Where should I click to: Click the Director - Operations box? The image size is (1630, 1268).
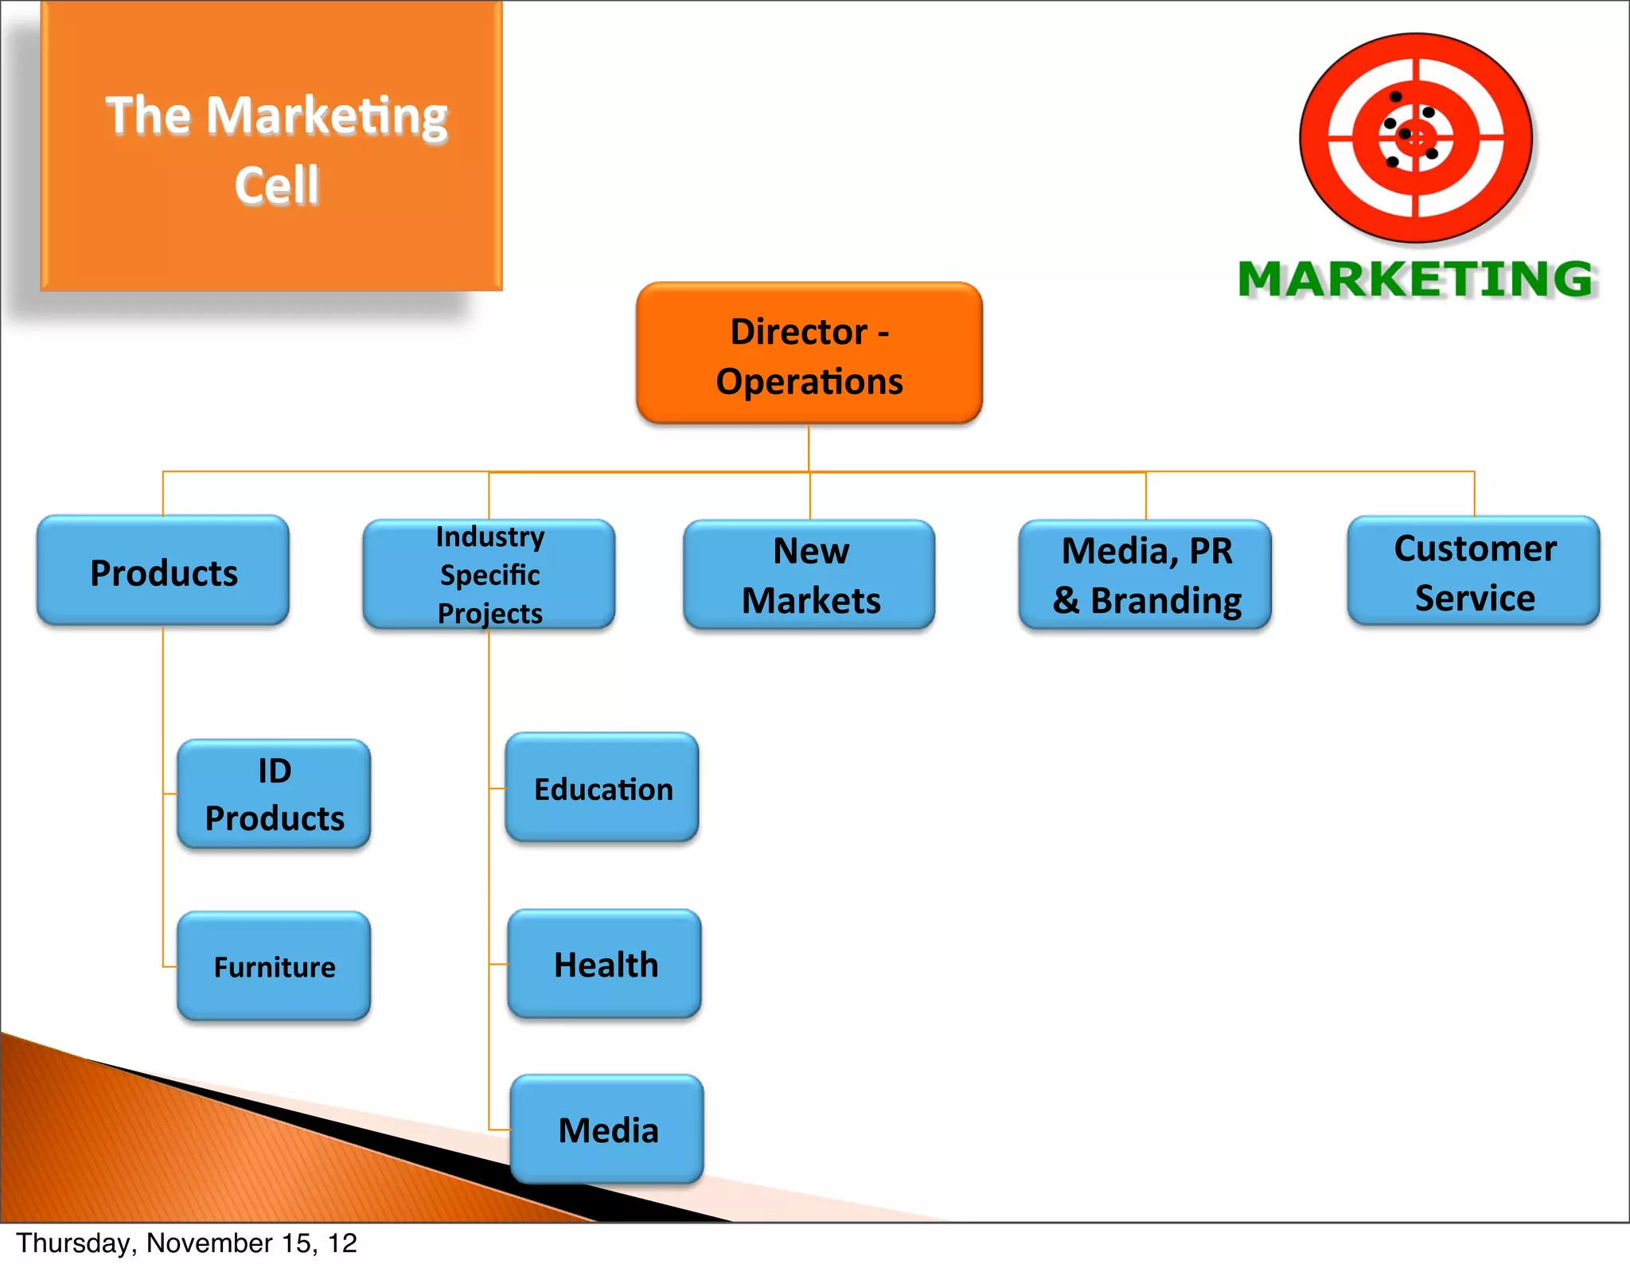[809, 353]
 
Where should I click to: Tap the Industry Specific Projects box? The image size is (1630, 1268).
[489, 575]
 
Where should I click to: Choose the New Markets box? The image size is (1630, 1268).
[809, 575]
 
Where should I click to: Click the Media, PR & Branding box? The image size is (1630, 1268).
[1145, 575]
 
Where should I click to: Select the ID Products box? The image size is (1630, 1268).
[274, 794]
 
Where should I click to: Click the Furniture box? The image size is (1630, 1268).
[274, 966]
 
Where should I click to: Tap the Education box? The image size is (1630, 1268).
[602, 788]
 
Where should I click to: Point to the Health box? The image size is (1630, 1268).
[605, 964]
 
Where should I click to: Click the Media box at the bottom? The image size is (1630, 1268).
[607, 1129]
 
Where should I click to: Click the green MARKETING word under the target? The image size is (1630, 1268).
[1416, 279]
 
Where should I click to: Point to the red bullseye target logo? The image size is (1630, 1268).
[1416, 138]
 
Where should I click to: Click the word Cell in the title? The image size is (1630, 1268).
[276, 185]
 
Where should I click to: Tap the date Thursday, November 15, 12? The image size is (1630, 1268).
[186, 1243]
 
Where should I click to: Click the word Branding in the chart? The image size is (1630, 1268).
[1166, 601]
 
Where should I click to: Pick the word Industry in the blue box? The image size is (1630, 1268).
[490, 536]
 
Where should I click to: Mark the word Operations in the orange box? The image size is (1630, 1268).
[809, 381]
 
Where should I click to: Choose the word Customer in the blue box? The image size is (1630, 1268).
[1475, 548]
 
